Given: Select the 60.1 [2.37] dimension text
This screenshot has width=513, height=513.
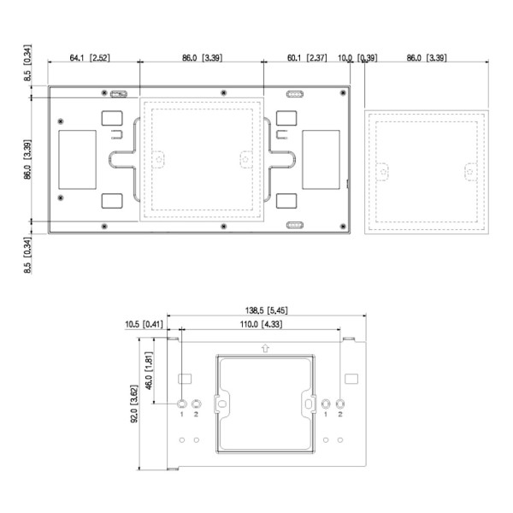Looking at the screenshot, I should [305, 58].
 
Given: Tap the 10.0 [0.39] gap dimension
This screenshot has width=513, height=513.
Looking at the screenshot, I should [357, 58].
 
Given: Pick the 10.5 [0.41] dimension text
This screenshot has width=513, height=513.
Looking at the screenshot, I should [144, 325].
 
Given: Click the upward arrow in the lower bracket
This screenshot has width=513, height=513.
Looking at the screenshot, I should [265, 349].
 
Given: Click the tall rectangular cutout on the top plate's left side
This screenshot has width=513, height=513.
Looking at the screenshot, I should [77, 159].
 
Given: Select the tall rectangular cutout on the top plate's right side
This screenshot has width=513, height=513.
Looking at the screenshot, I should [321, 159].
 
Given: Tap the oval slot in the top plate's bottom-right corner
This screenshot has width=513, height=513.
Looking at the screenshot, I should [294, 226].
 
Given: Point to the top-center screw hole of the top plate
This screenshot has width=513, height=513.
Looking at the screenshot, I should [222, 92].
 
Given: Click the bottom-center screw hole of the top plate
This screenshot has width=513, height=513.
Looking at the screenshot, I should [222, 227].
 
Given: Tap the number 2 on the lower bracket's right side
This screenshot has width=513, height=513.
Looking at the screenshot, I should [340, 415].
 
